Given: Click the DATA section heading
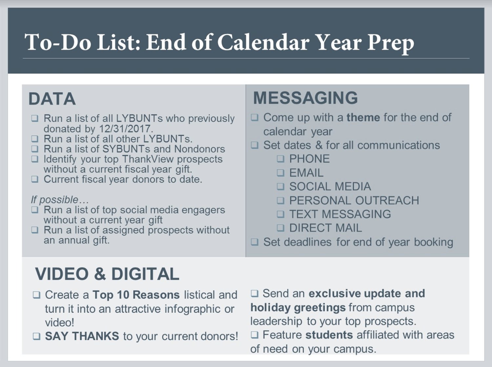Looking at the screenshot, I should (52, 99).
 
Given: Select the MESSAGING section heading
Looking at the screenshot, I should (305, 98).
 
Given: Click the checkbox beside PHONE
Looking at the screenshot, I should (280, 159).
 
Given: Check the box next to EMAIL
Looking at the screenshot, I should (280, 173).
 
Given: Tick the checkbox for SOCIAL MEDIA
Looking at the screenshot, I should (280, 187).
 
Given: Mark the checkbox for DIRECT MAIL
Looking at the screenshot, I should (280, 228).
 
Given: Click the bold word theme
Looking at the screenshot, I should (363, 117).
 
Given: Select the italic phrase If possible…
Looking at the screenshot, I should (60, 199).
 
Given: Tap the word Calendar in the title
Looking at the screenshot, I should (263, 43).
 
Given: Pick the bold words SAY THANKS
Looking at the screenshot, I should (82, 336).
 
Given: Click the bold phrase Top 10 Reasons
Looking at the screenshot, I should (136, 295).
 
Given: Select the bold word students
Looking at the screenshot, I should (329, 335).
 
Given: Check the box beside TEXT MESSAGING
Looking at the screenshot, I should (280, 214).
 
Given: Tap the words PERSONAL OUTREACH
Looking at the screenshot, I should (354, 200).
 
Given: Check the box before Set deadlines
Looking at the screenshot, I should (255, 242).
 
